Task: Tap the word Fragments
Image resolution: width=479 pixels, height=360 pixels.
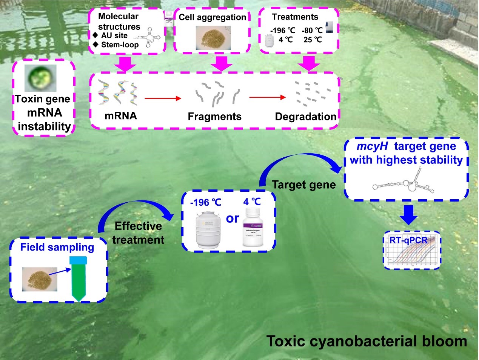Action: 214,116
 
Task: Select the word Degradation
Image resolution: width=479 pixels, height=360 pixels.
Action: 305,117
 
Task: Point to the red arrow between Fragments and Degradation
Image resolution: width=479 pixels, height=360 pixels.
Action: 267,97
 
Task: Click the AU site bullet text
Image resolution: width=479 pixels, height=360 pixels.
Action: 114,35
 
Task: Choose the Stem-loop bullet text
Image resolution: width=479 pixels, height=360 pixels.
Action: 120,45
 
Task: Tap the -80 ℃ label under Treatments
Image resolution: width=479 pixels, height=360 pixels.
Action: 312,31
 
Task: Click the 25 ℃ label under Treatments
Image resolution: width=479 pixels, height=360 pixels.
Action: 313,40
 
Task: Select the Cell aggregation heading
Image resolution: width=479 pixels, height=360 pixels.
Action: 212,17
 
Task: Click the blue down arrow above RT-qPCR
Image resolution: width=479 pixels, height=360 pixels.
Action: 408,215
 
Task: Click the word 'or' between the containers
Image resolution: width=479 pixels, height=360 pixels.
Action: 233,218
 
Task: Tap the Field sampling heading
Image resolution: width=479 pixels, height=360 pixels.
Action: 57,247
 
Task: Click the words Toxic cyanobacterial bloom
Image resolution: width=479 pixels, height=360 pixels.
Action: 367,341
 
